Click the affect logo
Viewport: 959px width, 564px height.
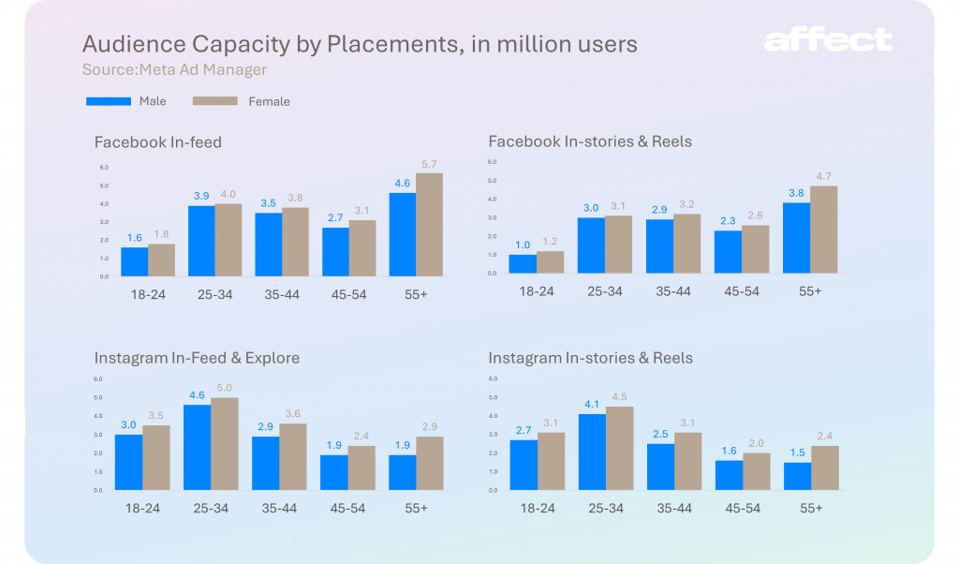tap(827, 40)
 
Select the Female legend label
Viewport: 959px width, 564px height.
tap(270, 101)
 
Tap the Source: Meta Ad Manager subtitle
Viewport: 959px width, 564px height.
tap(174, 69)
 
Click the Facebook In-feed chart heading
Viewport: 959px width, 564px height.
tap(157, 142)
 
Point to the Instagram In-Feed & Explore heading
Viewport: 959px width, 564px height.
tap(197, 358)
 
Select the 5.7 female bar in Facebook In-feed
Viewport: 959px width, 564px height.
tap(430, 225)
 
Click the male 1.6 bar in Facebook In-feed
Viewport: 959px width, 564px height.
tap(134, 261)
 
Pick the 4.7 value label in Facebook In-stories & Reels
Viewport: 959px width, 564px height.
tap(823, 176)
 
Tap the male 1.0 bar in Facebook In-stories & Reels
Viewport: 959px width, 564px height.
tap(523, 264)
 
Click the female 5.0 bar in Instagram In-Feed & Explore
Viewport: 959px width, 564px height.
tap(224, 444)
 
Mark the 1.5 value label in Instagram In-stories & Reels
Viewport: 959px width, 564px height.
tap(796, 453)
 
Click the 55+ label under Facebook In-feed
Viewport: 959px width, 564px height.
tap(416, 294)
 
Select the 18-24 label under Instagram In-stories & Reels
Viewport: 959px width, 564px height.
tap(537, 508)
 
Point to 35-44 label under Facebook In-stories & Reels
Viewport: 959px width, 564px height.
tap(673, 291)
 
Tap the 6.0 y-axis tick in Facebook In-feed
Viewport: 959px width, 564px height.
tap(104, 168)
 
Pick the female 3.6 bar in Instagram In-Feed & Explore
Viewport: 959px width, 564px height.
tap(292, 457)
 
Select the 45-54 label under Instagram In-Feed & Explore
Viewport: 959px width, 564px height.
tap(347, 508)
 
